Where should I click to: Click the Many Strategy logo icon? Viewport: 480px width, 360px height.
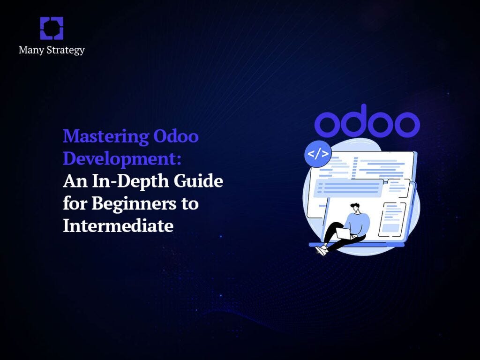pyautogui.click(x=52, y=28)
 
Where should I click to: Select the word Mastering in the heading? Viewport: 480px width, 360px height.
pyautogui.click(x=106, y=137)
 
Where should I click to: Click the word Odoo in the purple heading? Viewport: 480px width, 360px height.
pyautogui.click(x=176, y=137)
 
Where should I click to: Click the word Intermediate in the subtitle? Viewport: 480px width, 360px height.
pyautogui.click(x=118, y=226)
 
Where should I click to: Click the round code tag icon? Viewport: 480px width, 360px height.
pyautogui.click(x=318, y=154)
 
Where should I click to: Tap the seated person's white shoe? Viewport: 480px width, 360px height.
pyautogui.click(x=321, y=250)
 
